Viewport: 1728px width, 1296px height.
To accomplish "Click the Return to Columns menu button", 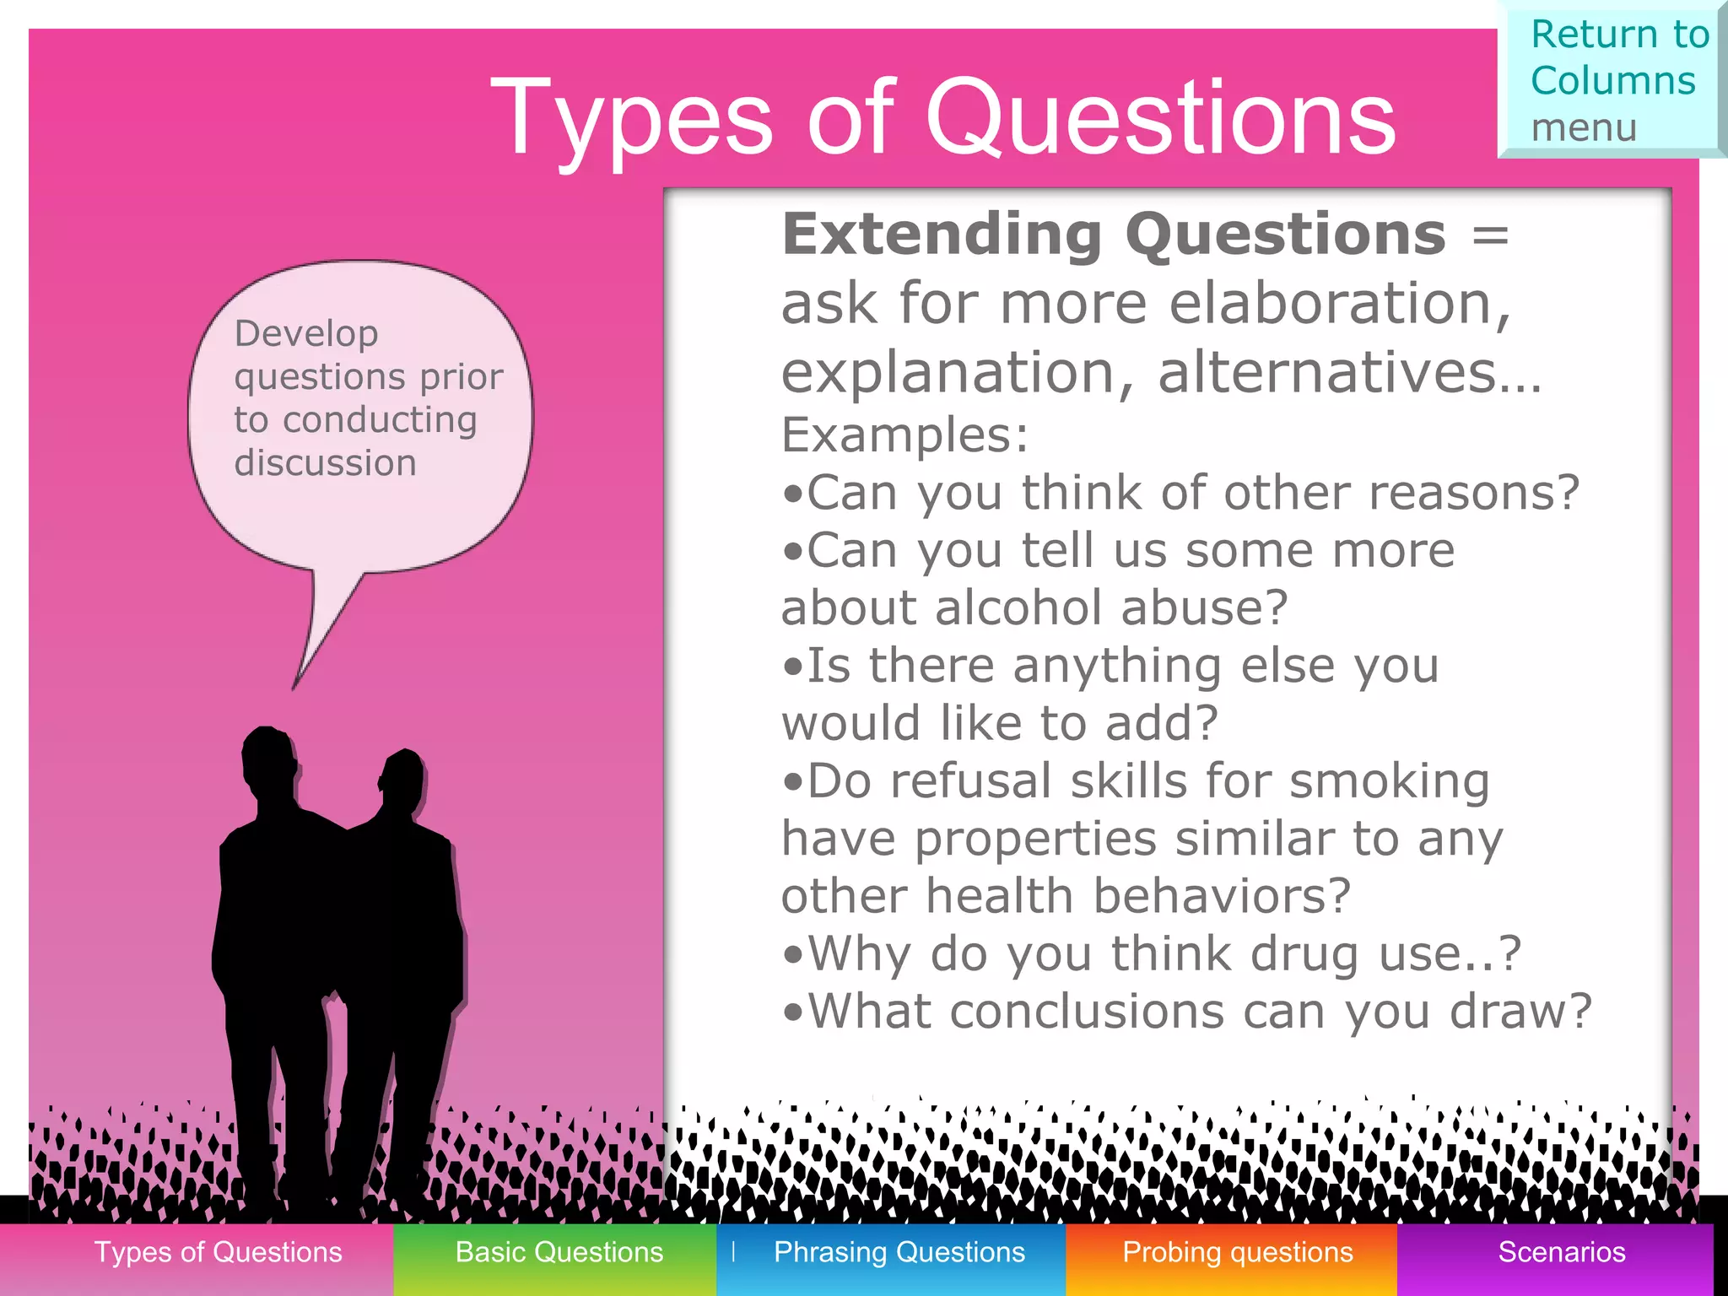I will (1612, 80).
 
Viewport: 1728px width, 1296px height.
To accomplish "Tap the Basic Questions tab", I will (559, 1252).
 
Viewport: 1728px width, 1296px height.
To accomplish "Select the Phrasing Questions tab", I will (899, 1252).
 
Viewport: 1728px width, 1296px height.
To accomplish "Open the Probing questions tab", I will (1237, 1252).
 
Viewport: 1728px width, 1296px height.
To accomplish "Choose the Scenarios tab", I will (1561, 1252).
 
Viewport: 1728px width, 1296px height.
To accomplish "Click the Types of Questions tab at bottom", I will (218, 1252).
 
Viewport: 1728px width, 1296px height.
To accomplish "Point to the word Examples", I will (903, 435).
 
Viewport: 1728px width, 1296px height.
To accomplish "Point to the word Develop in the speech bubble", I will (305, 334).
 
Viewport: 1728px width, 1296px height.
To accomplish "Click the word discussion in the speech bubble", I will (325, 463).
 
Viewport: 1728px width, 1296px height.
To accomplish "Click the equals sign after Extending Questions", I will (1489, 235).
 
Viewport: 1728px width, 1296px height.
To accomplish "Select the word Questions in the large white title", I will (1160, 118).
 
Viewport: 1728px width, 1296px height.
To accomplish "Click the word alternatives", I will (1347, 373).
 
